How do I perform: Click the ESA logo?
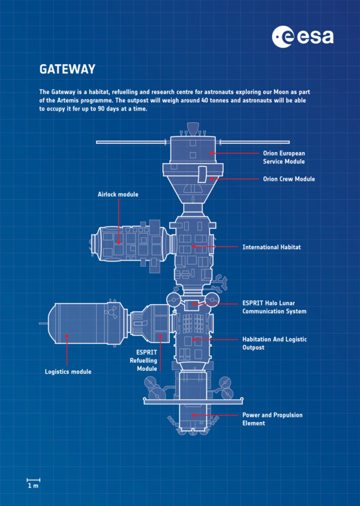303,37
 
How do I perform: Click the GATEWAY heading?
67,70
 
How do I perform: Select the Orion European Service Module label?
284,158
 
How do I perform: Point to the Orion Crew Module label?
289,179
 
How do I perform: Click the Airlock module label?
118,194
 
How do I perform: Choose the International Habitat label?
271,247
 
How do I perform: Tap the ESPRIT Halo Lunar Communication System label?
274,308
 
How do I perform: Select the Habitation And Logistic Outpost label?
274,343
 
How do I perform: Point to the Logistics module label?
68,372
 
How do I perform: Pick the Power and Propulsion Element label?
272,419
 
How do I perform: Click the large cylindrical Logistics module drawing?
82,324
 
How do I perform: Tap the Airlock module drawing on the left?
130,242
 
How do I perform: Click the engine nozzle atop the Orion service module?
192,128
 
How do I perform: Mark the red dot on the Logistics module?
67,336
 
